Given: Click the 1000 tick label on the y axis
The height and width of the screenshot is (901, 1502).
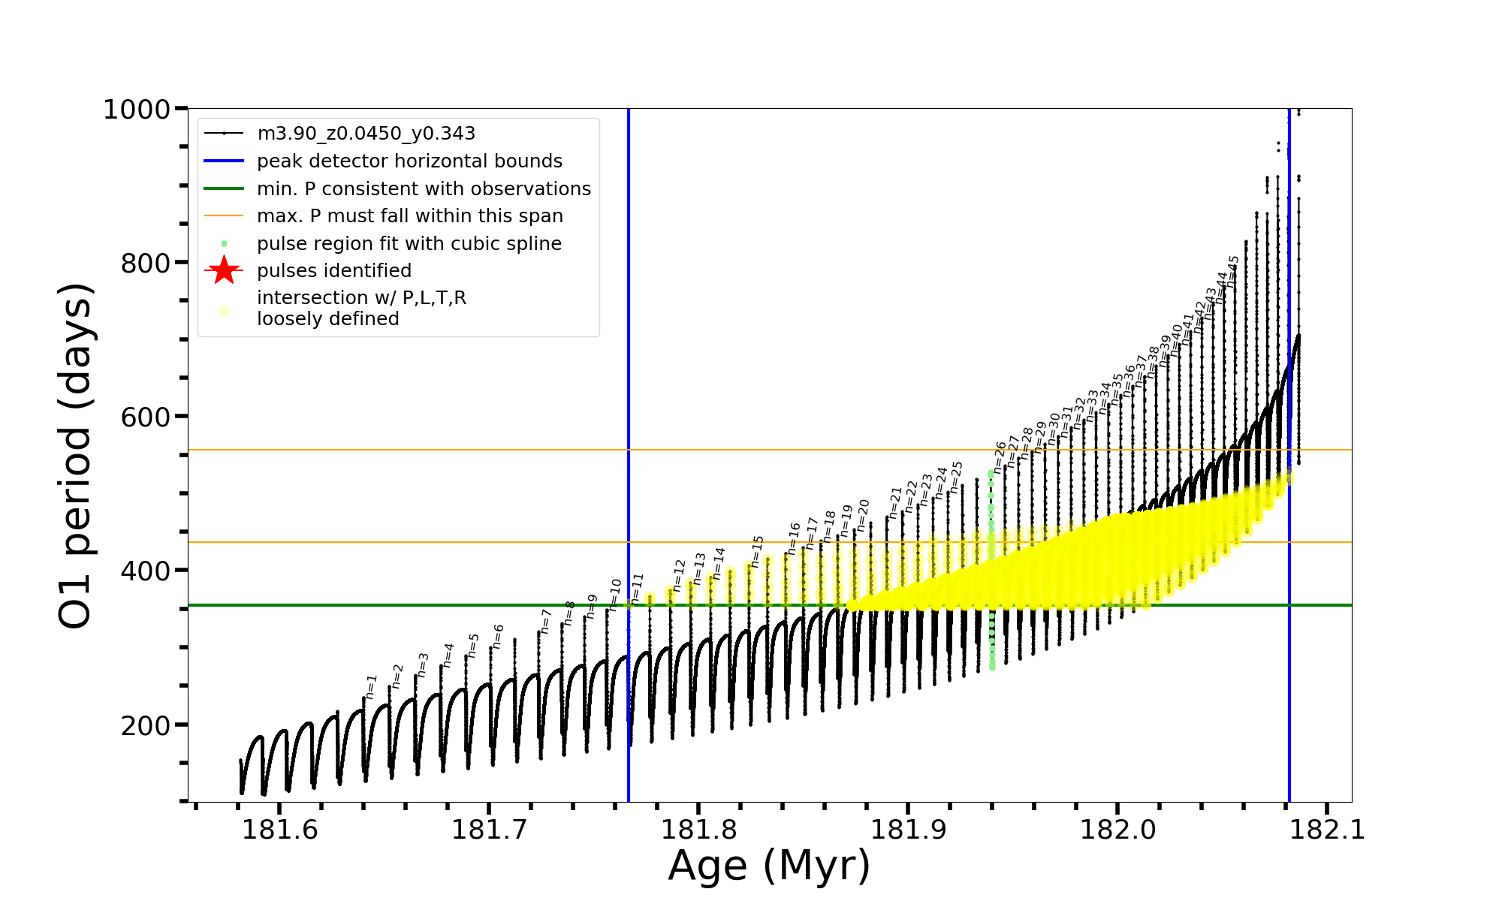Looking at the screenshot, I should click(137, 110).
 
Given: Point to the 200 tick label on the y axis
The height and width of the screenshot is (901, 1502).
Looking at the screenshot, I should click(146, 725).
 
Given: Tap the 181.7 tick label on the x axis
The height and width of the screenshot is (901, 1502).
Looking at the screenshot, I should click(489, 830).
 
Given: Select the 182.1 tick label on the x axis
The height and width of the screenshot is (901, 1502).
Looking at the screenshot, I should click(1327, 830).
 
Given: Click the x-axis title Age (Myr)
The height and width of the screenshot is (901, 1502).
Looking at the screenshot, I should click(769, 866).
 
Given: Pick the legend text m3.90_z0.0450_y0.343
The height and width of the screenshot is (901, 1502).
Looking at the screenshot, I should click(366, 134).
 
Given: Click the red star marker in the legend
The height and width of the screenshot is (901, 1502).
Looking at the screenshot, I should click(224, 270).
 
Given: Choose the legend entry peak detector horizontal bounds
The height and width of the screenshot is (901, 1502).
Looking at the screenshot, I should click(409, 161).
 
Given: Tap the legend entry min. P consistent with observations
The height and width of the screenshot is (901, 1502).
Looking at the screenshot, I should click(424, 188).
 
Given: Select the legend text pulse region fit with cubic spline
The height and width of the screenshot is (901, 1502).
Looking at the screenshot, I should click(409, 244).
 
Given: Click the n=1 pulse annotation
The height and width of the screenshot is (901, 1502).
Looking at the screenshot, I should click(371, 686).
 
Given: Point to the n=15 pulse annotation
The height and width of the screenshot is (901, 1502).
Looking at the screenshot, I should click(757, 552).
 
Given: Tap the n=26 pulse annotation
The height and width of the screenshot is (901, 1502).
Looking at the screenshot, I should click(1000, 457).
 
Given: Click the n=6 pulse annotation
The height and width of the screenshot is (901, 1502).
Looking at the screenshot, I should click(498, 637).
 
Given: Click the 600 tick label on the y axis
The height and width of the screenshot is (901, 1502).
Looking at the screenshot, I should click(146, 417).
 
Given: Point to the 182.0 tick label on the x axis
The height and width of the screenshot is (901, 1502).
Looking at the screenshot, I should click(1117, 830).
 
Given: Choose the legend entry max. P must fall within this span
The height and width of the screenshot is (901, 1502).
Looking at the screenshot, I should click(409, 216).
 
